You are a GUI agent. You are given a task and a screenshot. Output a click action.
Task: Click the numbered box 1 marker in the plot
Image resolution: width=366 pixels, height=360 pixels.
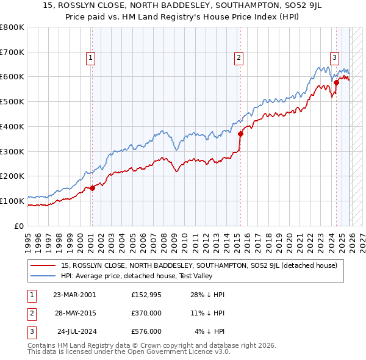tap(90, 58)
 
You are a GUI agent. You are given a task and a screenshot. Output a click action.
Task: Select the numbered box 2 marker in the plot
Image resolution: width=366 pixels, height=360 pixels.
tap(239, 58)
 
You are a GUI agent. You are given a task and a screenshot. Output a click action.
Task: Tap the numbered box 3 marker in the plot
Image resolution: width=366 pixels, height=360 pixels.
tap(334, 58)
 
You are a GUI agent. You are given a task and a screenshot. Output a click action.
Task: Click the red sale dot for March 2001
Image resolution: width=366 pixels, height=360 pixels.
tap(92, 188)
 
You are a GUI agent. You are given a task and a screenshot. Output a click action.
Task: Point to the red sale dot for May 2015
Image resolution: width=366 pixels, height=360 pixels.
tap(240, 134)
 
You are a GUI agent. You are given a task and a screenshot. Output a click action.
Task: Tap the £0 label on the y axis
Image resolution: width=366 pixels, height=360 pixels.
tap(19, 226)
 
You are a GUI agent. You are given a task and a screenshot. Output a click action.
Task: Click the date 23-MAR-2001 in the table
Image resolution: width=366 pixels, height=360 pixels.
tap(74, 294)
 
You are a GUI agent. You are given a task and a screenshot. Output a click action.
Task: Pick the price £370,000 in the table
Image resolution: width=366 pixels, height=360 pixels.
tap(146, 313)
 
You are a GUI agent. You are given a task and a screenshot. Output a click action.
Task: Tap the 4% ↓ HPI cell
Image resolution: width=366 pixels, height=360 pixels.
tap(210, 331)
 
